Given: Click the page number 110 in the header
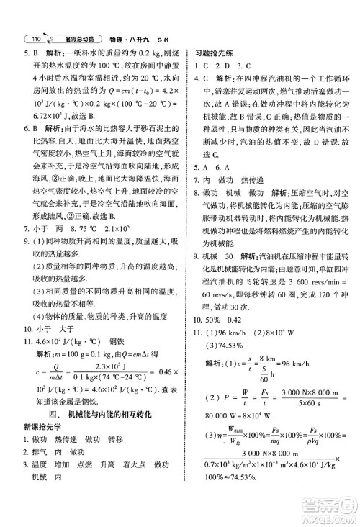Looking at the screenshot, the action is (32, 37).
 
